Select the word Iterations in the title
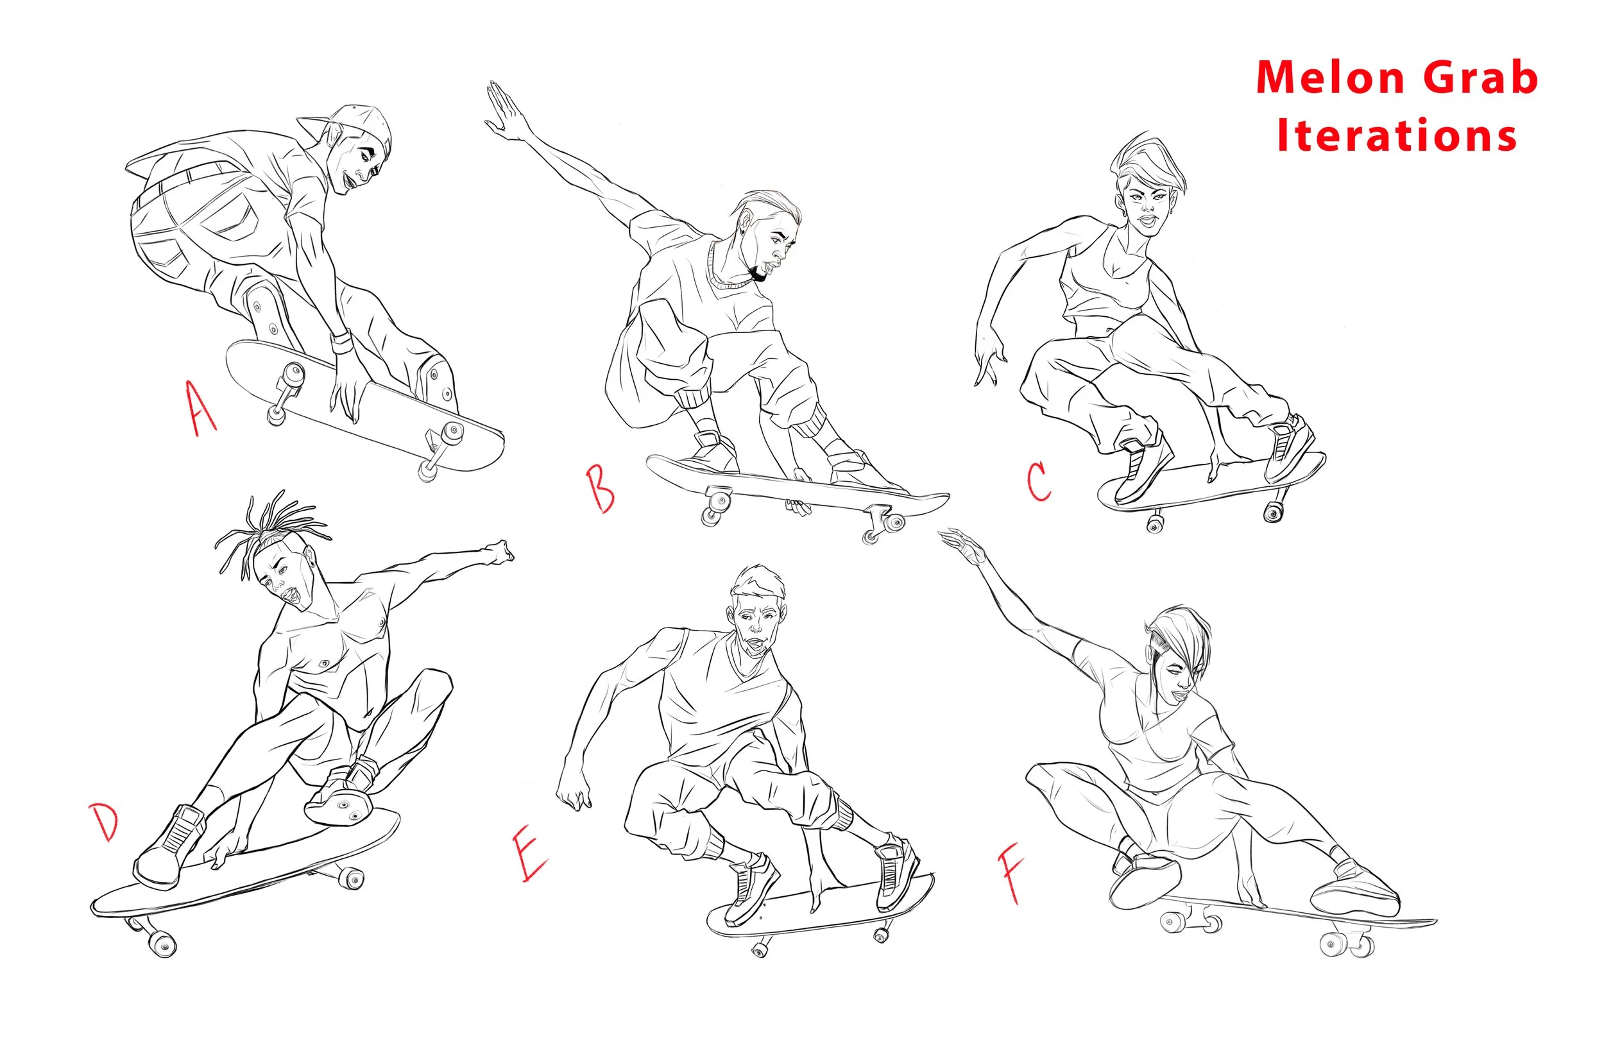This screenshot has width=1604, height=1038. [x=1397, y=135]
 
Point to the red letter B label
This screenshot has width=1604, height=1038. [x=600, y=488]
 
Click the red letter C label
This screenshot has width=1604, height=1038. [x=1039, y=481]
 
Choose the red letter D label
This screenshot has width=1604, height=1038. [x=105, y=822]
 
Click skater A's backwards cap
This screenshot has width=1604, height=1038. [x=350, y=124]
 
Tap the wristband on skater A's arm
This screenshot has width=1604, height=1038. [x=342, y=342]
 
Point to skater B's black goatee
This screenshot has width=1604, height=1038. [x=758, y=273]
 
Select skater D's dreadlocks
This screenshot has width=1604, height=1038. [x=269, y=532]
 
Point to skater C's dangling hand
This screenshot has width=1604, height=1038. [x=988, y=357]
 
